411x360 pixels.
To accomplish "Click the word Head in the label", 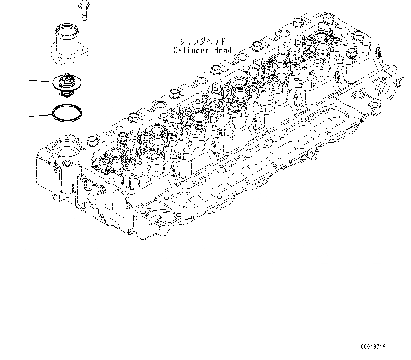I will (x=223, y=51).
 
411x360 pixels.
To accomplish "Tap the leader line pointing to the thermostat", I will (x=41, y=81).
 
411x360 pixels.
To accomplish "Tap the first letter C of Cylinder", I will (x=175, y=51).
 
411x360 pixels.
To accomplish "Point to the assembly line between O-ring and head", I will (x=66, y=129).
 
